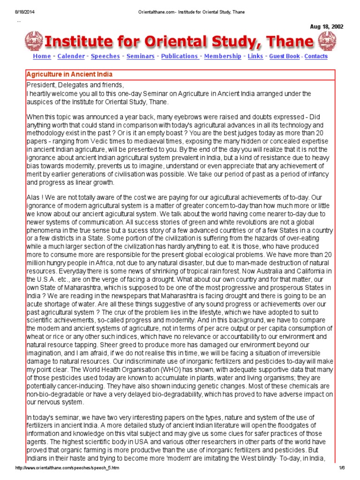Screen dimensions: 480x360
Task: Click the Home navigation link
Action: [42, 56]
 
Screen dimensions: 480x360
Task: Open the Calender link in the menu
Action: [71, 56]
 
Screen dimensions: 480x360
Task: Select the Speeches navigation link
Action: [105, 56]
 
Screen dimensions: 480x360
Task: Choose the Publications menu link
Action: [180, 56]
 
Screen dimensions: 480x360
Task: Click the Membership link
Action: [223, 56]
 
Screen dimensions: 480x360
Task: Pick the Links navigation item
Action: [255, 56]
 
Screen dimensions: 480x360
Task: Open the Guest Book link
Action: [284, 56]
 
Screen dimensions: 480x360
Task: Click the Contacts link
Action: [316, 56]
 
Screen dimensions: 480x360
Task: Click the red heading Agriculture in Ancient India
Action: [69, 75]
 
